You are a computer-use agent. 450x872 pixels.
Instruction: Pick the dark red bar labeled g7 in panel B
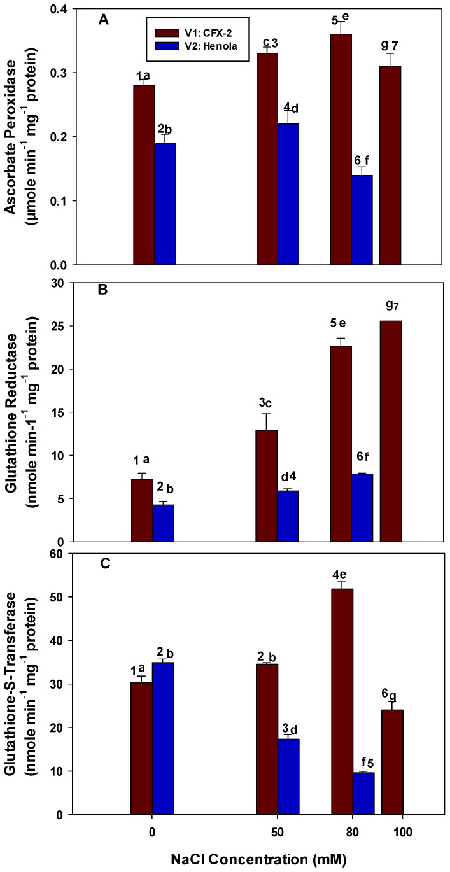[391, 431]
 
